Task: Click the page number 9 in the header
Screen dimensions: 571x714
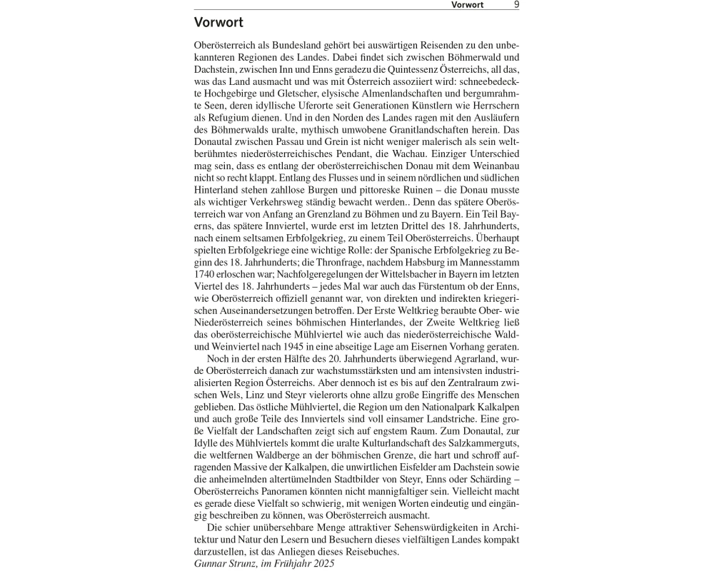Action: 516,4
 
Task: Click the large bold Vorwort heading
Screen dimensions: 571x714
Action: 218,23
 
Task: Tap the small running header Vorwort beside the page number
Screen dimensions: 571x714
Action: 467,4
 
